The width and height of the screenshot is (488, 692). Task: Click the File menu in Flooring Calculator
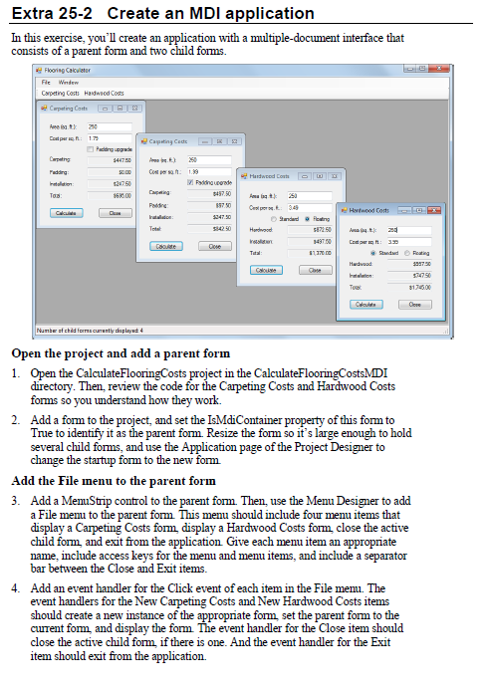(x=44, y=83)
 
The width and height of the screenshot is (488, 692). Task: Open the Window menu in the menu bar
(x=68, y=83)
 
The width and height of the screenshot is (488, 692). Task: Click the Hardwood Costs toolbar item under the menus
(x=105, y=93)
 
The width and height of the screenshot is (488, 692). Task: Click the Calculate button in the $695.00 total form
(x=67, y=212)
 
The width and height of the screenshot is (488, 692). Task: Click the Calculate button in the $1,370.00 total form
(x=266, y=270)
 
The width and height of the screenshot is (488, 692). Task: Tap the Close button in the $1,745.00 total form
(x=414, y=304)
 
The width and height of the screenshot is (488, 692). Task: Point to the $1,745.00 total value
(x=418, y=287)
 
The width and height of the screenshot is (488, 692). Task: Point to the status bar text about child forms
(x=90, y=330)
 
